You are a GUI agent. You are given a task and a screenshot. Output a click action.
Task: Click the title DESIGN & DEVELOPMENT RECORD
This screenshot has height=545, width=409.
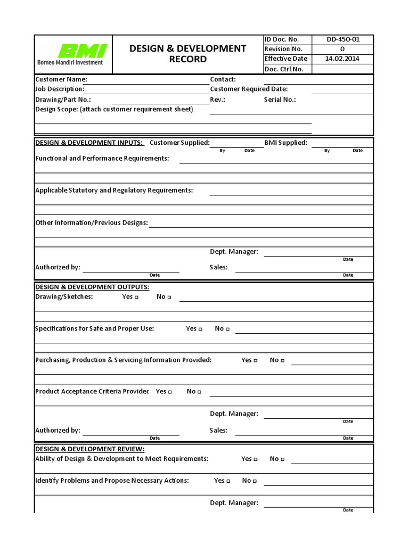pos(188,54)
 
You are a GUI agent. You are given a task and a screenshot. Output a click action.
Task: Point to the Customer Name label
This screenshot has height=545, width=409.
pos(58,79)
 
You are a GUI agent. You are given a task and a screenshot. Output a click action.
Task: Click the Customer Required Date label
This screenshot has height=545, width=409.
pos(249,89)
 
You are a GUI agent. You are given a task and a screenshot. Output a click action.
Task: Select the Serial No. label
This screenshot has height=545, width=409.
pos(280,100)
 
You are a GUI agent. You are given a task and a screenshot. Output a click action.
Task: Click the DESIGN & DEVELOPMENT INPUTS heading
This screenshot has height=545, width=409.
pos(89,143)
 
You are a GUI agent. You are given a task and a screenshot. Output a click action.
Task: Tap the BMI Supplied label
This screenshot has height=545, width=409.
pos(285,143)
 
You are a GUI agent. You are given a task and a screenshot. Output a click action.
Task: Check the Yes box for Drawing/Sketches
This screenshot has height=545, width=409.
pos(136,298)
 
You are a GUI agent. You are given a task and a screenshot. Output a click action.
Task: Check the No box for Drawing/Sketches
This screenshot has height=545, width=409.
pos(169,298)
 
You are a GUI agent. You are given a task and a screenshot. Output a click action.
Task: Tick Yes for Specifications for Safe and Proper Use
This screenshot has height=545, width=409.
pos(200,329)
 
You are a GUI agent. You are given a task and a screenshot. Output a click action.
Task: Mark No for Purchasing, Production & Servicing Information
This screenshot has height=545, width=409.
pos(282,361)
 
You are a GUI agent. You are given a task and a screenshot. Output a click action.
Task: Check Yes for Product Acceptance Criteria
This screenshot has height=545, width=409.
pos(170,392)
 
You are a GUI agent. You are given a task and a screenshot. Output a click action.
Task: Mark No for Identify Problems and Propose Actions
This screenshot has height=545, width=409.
pos(255,481)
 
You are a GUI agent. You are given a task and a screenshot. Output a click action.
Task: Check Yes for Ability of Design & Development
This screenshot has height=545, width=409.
pos(256,459)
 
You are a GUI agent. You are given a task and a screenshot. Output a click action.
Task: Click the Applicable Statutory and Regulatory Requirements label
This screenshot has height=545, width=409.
pos(114,191)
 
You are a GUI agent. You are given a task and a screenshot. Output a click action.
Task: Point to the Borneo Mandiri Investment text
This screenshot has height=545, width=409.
pos(70,62)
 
